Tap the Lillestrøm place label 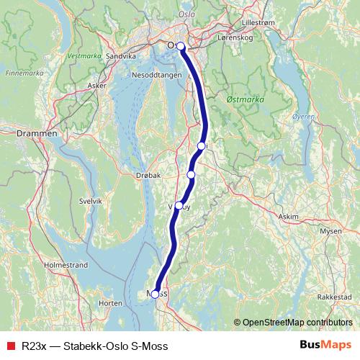[x=259, y=23]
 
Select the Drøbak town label [x=148, y=175]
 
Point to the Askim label [x=288, y=216]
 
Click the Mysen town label [x=330, y=231]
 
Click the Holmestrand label [x=66, y=265]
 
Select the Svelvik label [x=90, y=201]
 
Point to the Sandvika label [x=120, y=55]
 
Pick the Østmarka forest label [x=245, y=98]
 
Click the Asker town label [x=96, y=85]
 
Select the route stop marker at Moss [x=155, y=294]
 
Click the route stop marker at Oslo [x=181, y=47]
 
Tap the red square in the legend [x=11, y=345]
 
